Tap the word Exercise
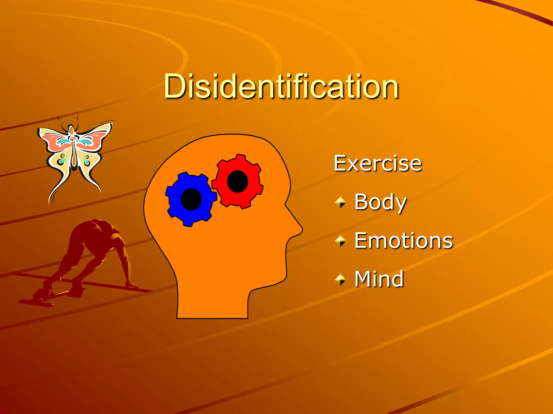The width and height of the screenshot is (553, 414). pyautogui.click(x=377, y=163)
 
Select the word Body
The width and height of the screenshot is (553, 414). pyautogui.click(x=380, y=202)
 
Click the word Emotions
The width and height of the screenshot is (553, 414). pyautogui.click(x=403, y=241)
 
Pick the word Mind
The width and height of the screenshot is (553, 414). pyautogui.click(x=379, y=279)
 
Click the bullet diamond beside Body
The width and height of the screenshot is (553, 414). pyautogui.click(x=340, y=202)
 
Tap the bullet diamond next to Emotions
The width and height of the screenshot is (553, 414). pyautogui.click(x=340, y=241)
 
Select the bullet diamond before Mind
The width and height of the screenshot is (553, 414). pyautogui.click(x=340, y=280)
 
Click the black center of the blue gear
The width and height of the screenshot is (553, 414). pyautogui.click(x=191, y=199)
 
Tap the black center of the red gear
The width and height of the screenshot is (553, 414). pyautogui.click(x=237, y=181)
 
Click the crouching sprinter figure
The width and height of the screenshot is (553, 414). pyautogui.click(x=89, y=256)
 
